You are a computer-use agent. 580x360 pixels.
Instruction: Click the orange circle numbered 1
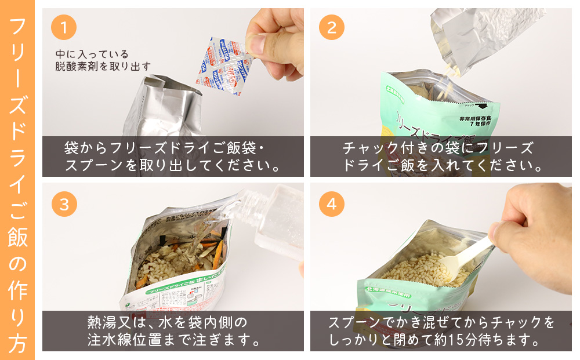click(x=64, y=27)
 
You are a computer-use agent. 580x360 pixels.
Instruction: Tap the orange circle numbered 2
click(x=332, y=27)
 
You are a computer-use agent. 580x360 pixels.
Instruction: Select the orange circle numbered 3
click(x=64, y=203)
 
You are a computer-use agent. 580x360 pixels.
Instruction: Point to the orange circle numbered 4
click(x=332, y=203)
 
